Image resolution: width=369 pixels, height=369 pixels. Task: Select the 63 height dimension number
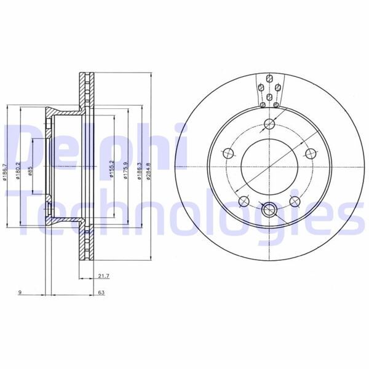point(100,294)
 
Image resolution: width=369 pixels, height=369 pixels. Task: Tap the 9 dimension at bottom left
point(20,294)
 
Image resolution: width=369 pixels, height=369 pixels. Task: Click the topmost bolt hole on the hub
point(268,125)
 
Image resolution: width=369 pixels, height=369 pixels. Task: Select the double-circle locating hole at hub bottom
point(268,210)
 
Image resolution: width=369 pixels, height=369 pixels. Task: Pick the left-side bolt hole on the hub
point(228,153)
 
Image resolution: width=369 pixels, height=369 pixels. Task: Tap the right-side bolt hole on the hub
point(309,153)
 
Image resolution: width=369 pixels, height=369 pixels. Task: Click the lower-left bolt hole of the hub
point(243,200)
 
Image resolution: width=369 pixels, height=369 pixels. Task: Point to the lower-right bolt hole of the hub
point(293,200)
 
